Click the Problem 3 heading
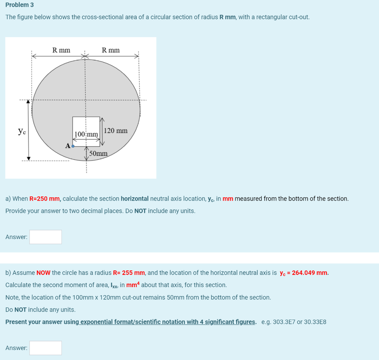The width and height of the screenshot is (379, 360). tap(19, 5)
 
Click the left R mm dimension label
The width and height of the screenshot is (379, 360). tap(61, 50)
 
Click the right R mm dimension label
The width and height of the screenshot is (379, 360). tap(111, 50)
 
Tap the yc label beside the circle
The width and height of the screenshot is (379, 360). tap(22, 131)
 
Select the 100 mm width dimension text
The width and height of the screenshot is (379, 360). tap(86, 134)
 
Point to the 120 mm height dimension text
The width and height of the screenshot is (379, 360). tap(116, 131)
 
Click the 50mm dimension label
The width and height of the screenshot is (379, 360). tap(98, 153)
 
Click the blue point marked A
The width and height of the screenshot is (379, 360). tap(73, 146)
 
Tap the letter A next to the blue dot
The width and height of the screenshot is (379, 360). tap(68, 146)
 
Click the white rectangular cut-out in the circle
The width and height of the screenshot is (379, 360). tap(86, 124)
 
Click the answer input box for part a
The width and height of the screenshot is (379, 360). tap(46, 237)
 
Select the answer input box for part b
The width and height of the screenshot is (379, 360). tap(46, 348)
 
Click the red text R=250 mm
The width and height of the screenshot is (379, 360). tap(45, 199)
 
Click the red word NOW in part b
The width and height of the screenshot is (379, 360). tap(43, 273)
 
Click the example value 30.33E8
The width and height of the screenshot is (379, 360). tap(315, 322)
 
